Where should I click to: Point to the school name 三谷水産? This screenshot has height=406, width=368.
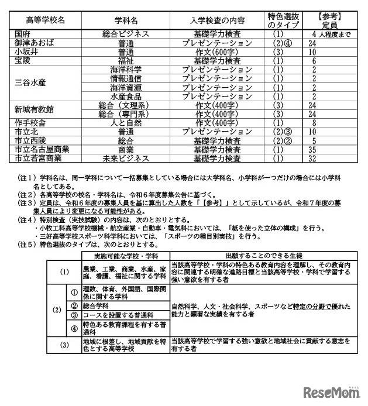30,82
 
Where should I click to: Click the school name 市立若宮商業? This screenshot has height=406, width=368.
38,158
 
